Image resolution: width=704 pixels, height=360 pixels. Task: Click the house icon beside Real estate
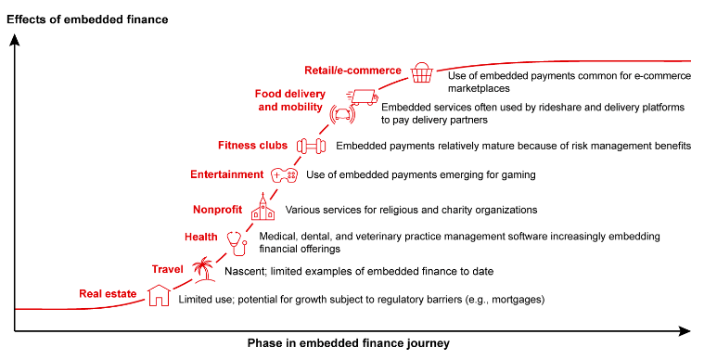[160, 295]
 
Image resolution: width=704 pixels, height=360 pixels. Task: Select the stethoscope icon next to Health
[237, 241]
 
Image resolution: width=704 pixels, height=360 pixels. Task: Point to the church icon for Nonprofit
[262, 209]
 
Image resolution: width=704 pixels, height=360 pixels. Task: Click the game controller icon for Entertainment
[284, 174]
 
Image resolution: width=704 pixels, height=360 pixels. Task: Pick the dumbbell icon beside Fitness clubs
[310, 146]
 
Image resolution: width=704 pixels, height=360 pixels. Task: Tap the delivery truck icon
[363, 96]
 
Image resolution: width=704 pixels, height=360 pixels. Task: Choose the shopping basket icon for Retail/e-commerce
[422, 71]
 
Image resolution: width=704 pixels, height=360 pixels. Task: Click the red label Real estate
[108, 295]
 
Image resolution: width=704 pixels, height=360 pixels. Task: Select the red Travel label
[167, 269]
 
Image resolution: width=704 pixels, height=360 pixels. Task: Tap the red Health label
[200, 238]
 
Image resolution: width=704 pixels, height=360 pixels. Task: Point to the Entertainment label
[226, 174]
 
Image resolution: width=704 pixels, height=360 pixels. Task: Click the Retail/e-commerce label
[352, 71]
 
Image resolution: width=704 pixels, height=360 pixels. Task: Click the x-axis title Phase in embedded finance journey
[348, 343]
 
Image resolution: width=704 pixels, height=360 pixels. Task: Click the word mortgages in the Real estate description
[513, 300]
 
